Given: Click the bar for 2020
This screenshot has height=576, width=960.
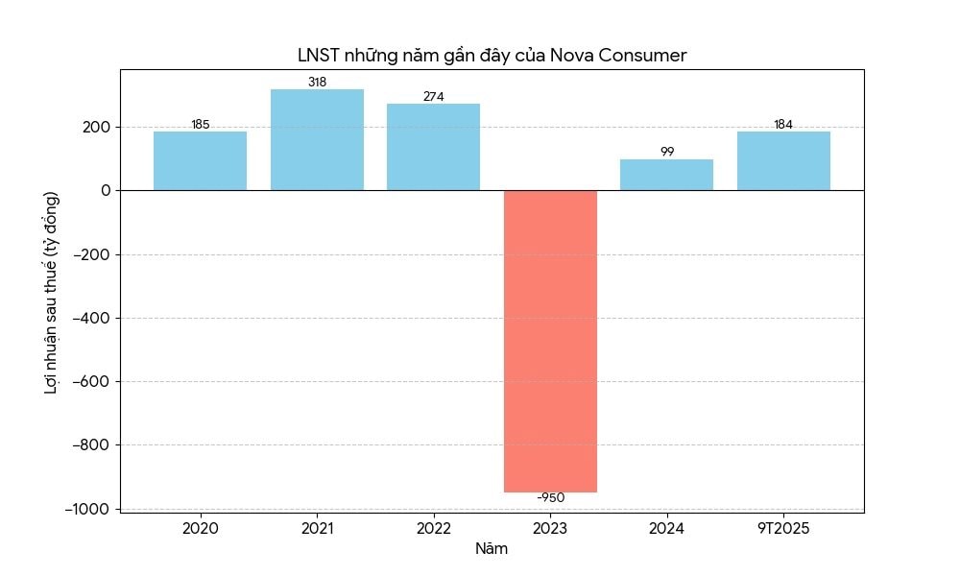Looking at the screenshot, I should click(x=200, y=160).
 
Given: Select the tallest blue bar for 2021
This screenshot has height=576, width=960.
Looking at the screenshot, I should click(x=317, y=139).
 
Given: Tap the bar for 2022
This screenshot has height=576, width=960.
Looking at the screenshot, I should click(x=433, y=147).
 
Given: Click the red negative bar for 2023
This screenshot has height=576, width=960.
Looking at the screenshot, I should click(x=550, y=341).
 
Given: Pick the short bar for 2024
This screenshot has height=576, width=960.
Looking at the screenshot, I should click(x=666, y=175).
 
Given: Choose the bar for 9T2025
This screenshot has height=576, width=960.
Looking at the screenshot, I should click(x=783, y=160).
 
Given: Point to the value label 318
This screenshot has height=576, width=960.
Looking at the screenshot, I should click(x=317, y=83).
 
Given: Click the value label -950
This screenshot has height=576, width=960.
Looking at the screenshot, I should click(x=550, y=498).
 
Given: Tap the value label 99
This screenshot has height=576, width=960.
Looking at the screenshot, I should click(x=666, y=152).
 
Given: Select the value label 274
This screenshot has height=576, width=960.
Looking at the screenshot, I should click(x=433, y=97).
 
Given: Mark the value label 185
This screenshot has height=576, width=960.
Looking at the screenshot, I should click(x=200, y=125).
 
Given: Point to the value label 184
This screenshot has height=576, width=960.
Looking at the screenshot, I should click(x=783, y=125).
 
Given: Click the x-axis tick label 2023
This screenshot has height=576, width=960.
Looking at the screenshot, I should click(x=550, y=529).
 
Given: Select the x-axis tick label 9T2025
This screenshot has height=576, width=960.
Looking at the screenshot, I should click(x=783, y=529).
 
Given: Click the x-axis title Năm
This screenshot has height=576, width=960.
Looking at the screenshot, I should click(x=492, y=549).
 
